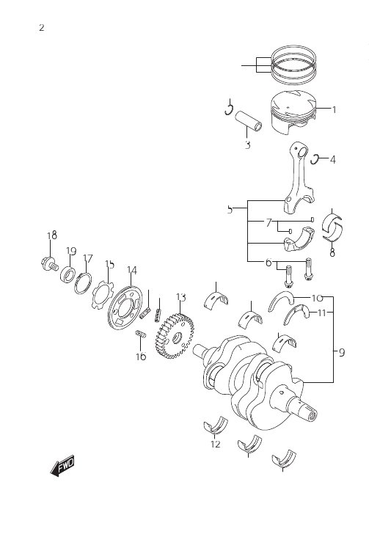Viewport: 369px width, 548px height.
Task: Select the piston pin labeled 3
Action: click(249, 120)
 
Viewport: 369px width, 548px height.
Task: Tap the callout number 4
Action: click(332, 160)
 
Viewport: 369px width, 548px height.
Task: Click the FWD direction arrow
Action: click(62, 465)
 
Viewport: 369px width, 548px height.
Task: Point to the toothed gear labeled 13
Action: click(174, 336)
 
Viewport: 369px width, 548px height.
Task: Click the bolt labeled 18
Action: click(48, 263)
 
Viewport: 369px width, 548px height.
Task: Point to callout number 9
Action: click(341, 353)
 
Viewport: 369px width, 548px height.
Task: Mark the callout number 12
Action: click(216, 445)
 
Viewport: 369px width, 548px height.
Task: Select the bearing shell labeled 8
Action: click(332, 227)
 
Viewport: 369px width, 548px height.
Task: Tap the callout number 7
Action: click(268, 222)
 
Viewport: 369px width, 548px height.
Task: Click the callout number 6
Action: click(268, 262)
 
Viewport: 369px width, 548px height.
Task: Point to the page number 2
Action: click(42, 28)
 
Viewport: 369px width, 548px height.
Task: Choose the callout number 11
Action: click(322, 313)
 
